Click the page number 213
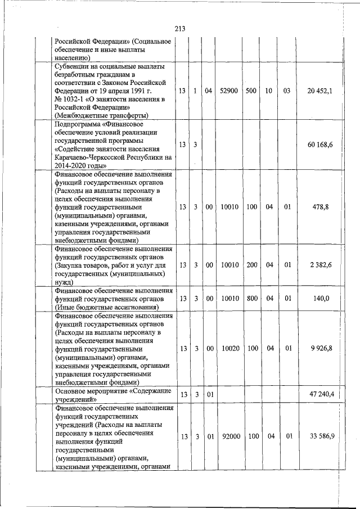tap(180, 29)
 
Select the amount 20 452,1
tap(319, 91)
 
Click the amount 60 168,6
tap(321, 145)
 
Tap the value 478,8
tap(321, 207)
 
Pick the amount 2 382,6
tap(320, 265)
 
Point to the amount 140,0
tap(321, 299)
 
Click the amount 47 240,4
tap(321, 394)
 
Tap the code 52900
tap(229, 91)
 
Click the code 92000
tap(229, 436)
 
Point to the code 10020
tap(229, 349)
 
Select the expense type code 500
tap(251, 91)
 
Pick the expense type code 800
tap(251, 299)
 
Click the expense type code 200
tap(251, 265)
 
